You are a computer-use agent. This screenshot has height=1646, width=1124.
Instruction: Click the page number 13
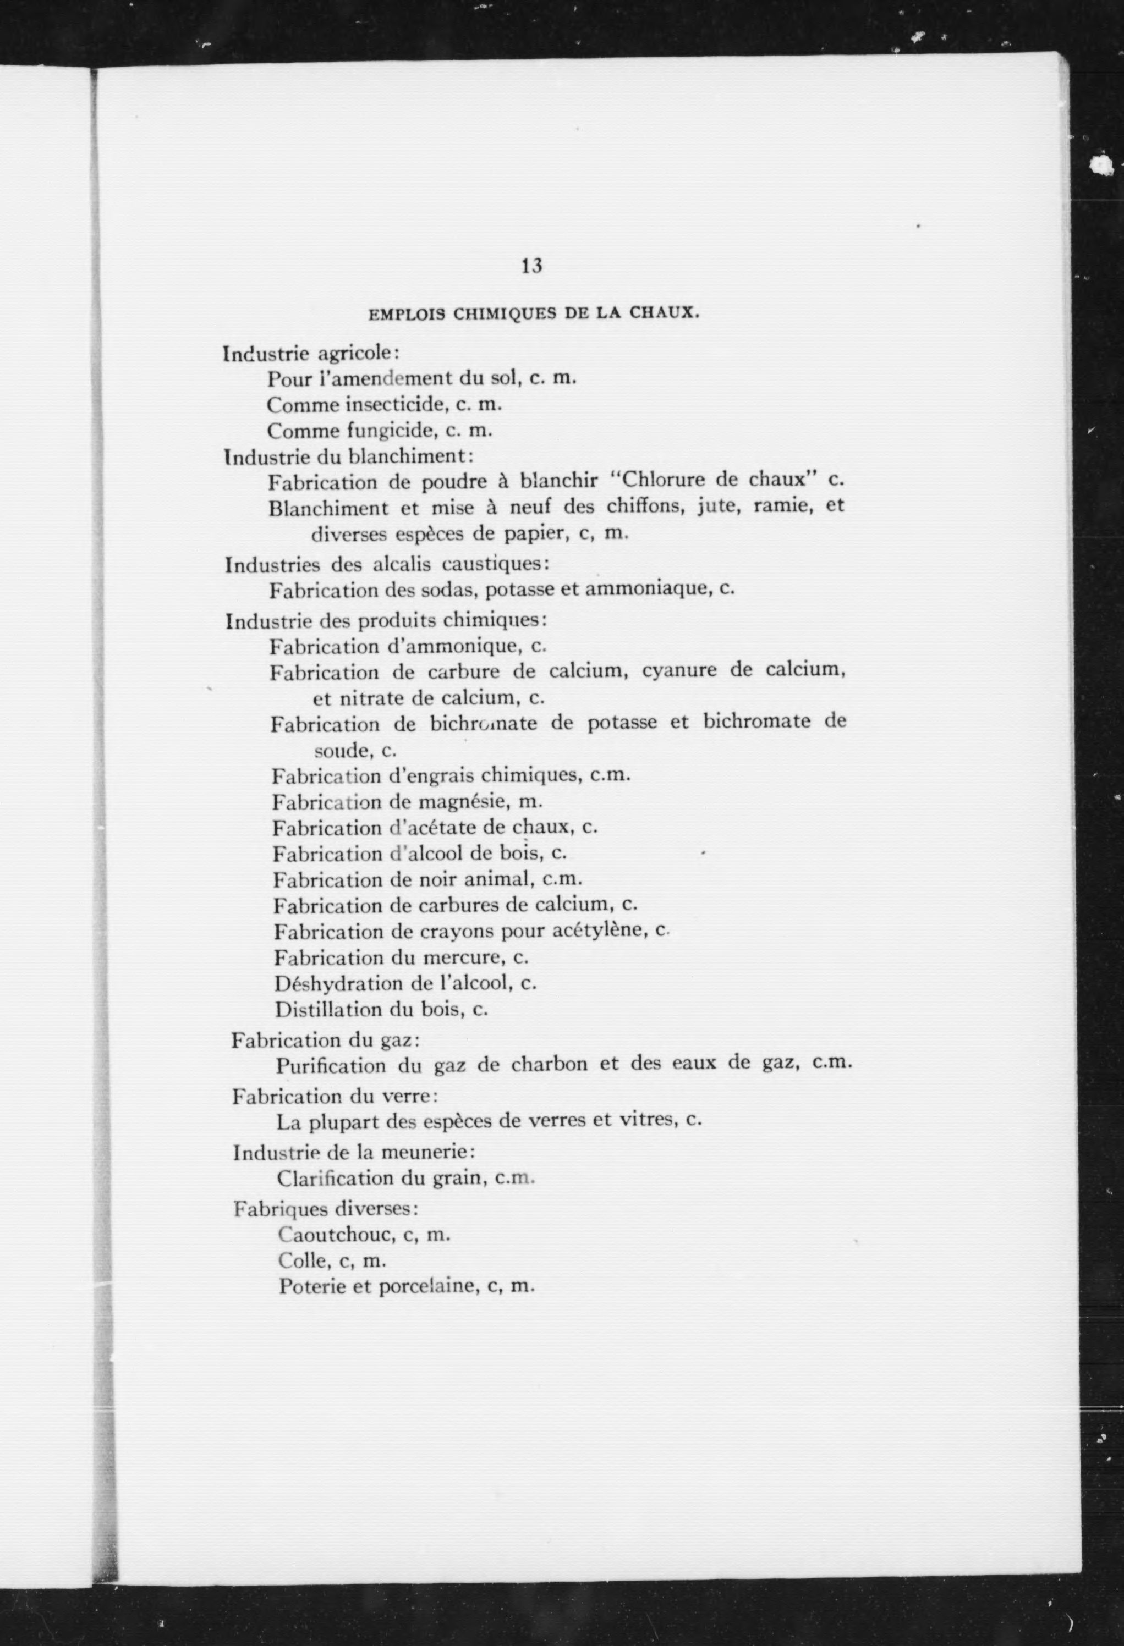531,266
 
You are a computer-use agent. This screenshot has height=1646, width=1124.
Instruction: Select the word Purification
331,1065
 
